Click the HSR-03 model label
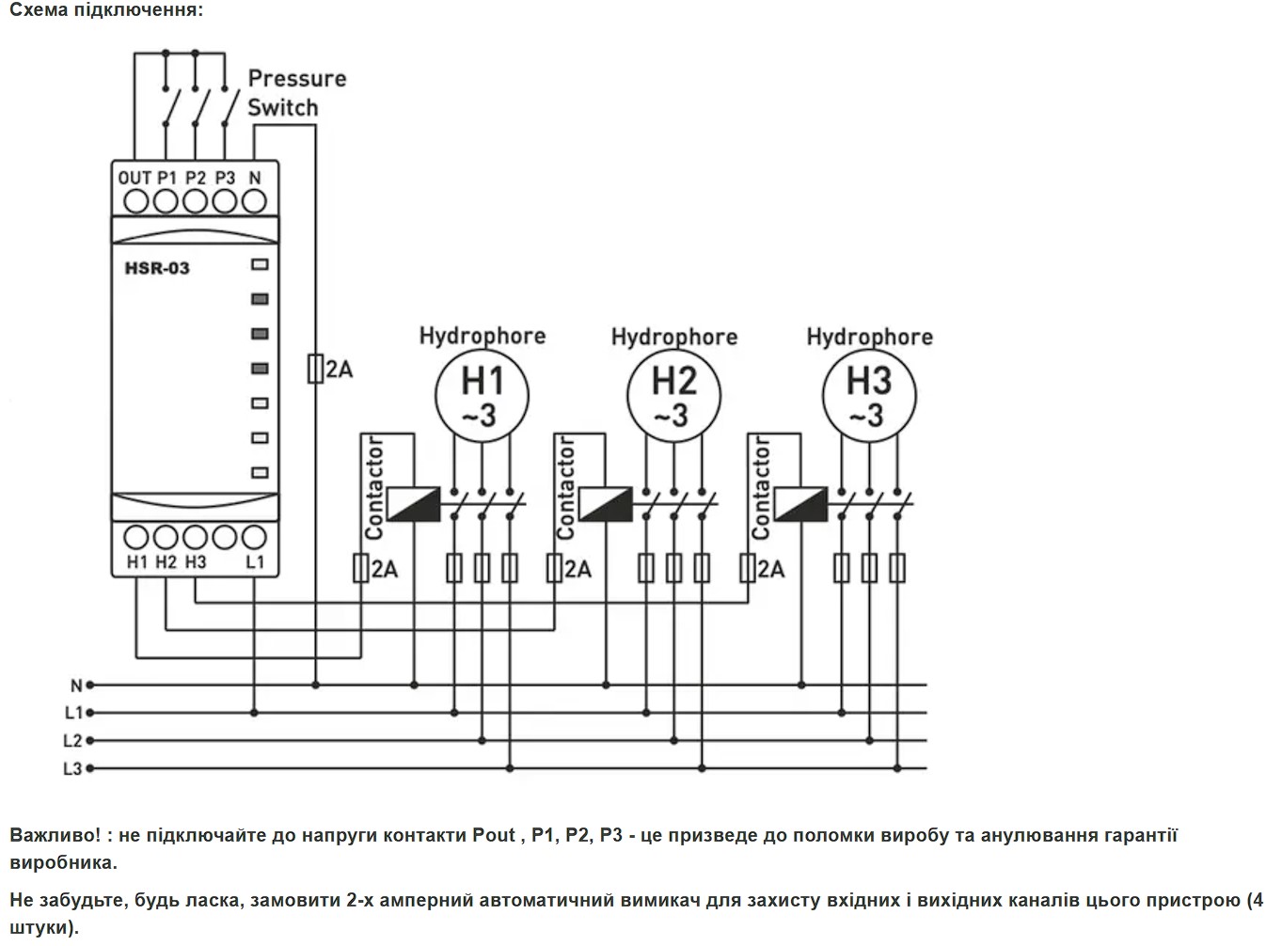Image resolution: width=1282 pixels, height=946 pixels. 157,268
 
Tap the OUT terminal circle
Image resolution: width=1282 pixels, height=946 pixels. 136,201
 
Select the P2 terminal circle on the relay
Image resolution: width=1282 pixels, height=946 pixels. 196,201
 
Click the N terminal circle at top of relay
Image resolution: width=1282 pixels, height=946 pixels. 254,201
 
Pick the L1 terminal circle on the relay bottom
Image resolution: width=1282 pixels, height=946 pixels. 254,538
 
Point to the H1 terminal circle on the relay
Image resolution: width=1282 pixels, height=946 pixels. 136,538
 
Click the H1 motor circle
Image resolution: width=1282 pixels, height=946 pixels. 483,396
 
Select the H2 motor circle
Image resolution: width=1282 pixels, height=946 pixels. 674,396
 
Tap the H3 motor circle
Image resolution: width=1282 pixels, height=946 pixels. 869,396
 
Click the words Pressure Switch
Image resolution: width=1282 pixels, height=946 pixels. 297,93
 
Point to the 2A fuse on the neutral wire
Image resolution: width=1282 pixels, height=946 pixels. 315,369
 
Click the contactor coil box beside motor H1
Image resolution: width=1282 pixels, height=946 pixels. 413,504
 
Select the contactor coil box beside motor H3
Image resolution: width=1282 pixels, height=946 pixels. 800,504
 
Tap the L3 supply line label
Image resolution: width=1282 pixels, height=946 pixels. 72,768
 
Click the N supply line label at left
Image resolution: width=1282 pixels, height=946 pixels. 76,686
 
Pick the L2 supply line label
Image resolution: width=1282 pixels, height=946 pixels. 72,741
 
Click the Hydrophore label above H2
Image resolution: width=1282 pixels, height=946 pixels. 674,338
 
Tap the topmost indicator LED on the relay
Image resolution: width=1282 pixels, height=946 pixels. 261,264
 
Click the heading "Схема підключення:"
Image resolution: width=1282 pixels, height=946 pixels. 106,9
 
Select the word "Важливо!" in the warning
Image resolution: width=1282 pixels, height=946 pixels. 55,835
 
